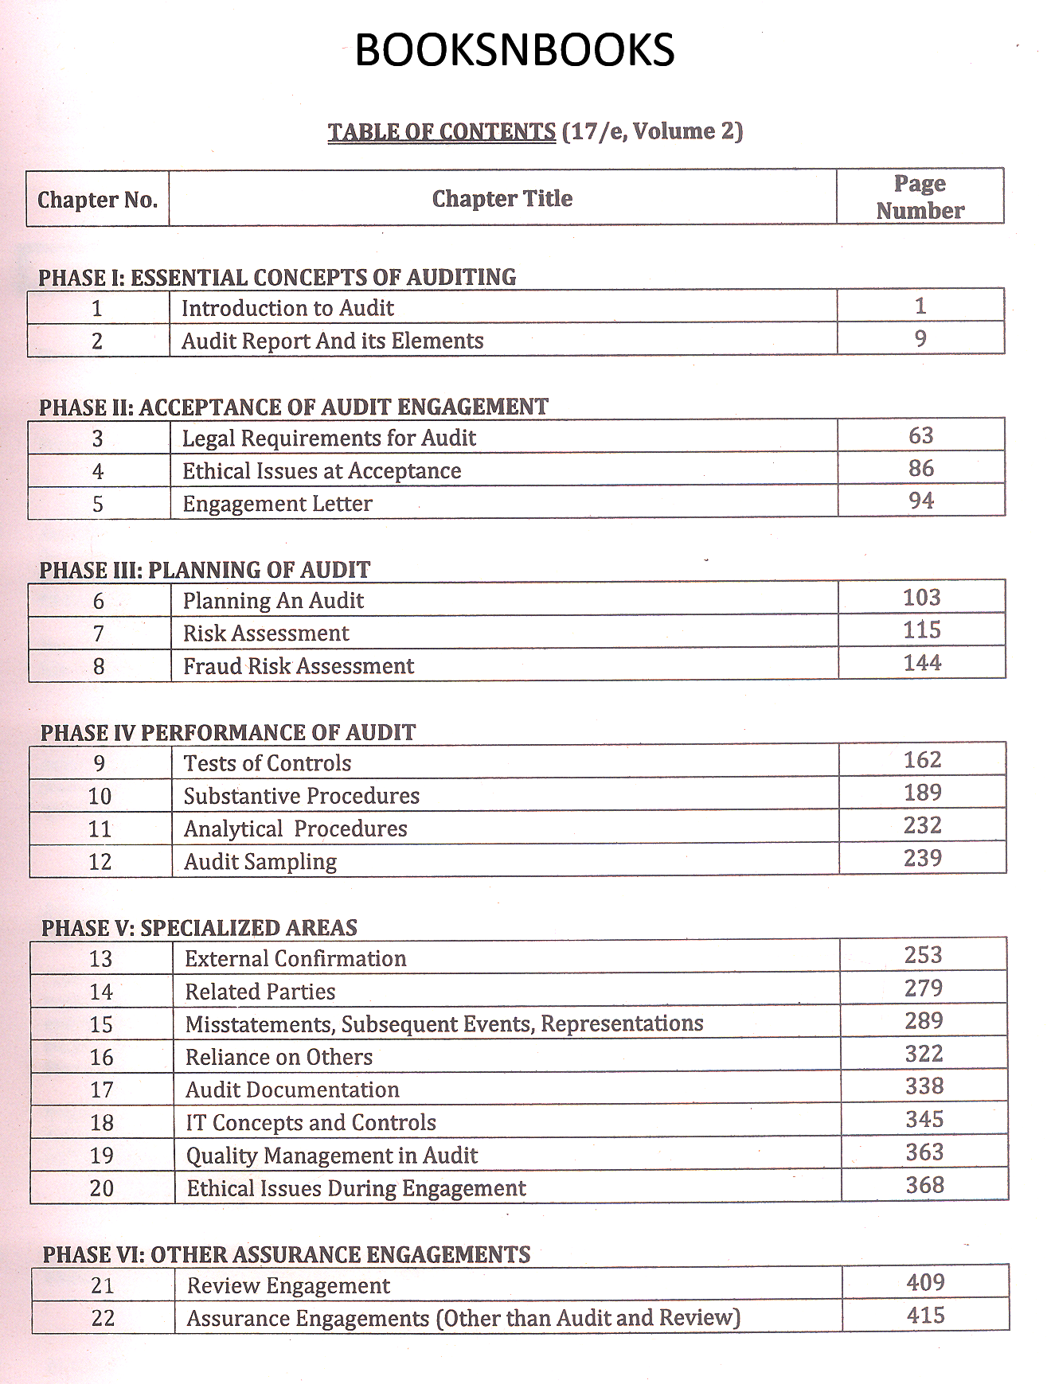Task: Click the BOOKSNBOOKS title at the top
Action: pyautogui.click(x=514, y=50)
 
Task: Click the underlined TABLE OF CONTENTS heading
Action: pyautogui.click(x=441, y=131)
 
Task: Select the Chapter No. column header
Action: pyautogui.click(x=97, y=199)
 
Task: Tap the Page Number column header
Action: pyautogui.click(x=920, y=197)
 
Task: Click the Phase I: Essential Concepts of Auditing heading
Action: pyautogui.click(x=277, y=277)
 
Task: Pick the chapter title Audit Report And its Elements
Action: pyautogui.click(x=332, y=341)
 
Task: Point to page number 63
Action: pyautogui.click(x=920, y=435)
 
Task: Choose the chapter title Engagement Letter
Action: pyautogui.click(x=277, y=504)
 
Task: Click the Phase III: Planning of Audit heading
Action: pyautogui.click(x=205, y=570)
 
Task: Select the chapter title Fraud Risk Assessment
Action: pyautogui.click(x=299, y=666)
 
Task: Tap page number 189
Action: pyautogui.click(x=922, y=793)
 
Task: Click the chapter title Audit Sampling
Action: pyautogui.click(x=260, y=862)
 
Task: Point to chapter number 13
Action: pyautogui.click(x=100, y=959)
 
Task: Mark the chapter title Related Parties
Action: pyautogui.click(x=260, y=992)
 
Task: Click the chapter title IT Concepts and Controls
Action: pyautogui.click(x=311, y=1122)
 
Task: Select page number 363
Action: pyautogui.click(x=924, y=1152)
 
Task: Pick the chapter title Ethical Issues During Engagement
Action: pyautogui.click(x=356, y=1188)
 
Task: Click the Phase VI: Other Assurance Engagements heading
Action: pyautogui.click(x=287, y=1255)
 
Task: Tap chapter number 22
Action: pyautogui.click(x=103, y=1319)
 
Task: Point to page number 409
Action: pyautogui.click(x=925, y=1282)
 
